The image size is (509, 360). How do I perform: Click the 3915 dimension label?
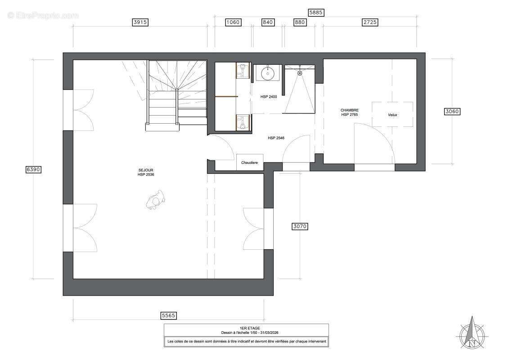tap(140, 22)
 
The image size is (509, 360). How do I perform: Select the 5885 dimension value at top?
tap(316, 12)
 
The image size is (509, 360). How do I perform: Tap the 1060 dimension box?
tap(233, 22)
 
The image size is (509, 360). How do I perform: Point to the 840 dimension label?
tap(267, 22)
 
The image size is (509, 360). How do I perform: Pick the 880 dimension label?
tap(300, 22)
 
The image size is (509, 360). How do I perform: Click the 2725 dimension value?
tap(370, 22)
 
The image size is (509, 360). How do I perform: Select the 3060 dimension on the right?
tap(452, 111)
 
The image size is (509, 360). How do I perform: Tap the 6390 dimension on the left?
tap(33, 169)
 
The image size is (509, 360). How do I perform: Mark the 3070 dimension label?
tap(300, 226)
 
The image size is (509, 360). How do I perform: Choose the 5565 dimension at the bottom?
tap(168, 315)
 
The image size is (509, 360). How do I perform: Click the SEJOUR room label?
tap(146, 170)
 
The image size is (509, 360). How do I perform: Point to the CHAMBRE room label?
tap(350, 110)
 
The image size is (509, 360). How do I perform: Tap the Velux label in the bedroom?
tap(392, 115)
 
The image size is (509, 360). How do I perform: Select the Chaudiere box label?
tap(249, 162)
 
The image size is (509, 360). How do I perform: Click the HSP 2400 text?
tap(269, 97)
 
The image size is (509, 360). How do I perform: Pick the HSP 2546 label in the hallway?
tap(276, 138)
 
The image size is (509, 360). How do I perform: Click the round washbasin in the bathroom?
tap(267, 73)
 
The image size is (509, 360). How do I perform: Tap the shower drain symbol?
tap(300, 73)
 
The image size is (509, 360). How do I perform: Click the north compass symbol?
tap(472, 333)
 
